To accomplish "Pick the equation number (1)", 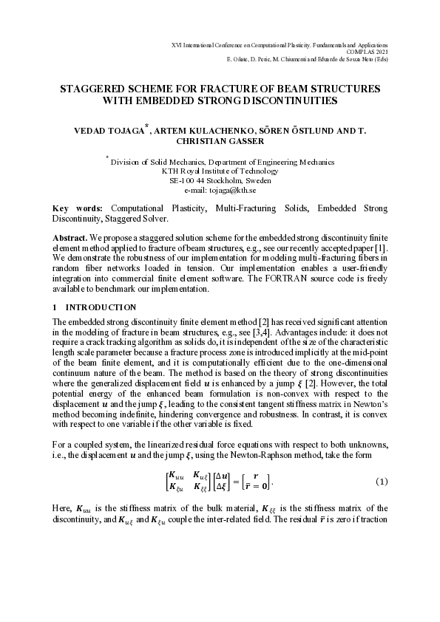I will tap(382, 482).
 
